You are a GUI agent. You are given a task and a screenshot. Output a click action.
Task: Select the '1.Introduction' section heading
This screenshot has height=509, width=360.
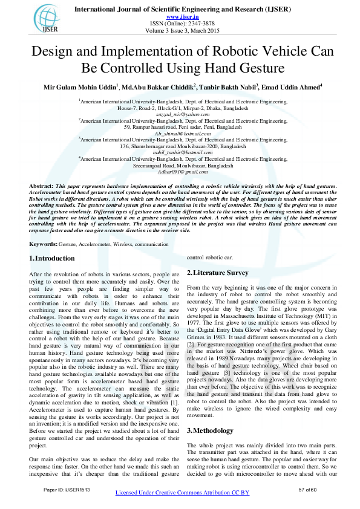pyautogui.click(x=52, y=258)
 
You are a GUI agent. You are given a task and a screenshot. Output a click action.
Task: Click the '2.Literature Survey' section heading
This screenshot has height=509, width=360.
pyautogui.click(x=218, y=273)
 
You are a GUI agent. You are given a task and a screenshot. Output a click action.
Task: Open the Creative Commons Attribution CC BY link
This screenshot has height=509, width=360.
pyautogui.click(x=182, y=493)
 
